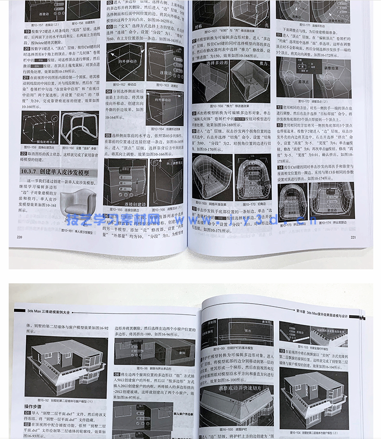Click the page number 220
pos(19,237)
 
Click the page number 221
pos(353,237)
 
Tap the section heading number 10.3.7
pos(29,172)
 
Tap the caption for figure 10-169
pos(211,204)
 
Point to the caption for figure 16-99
pos(240,348)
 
